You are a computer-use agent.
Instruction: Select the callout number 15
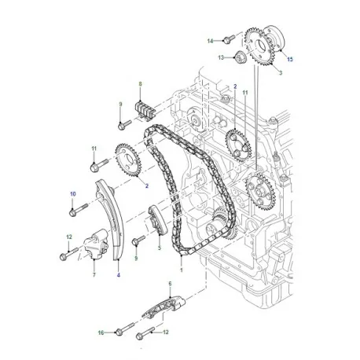tap(288, 60)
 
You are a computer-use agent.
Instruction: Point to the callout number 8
tap(140, 83)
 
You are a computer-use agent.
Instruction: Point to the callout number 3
tap(281, 72)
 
